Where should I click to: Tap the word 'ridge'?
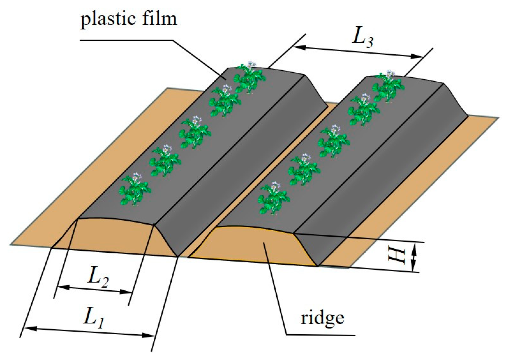tap(322, 318)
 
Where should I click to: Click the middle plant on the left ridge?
tap(195, 132)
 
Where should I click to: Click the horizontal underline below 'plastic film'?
tap(126, 40)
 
